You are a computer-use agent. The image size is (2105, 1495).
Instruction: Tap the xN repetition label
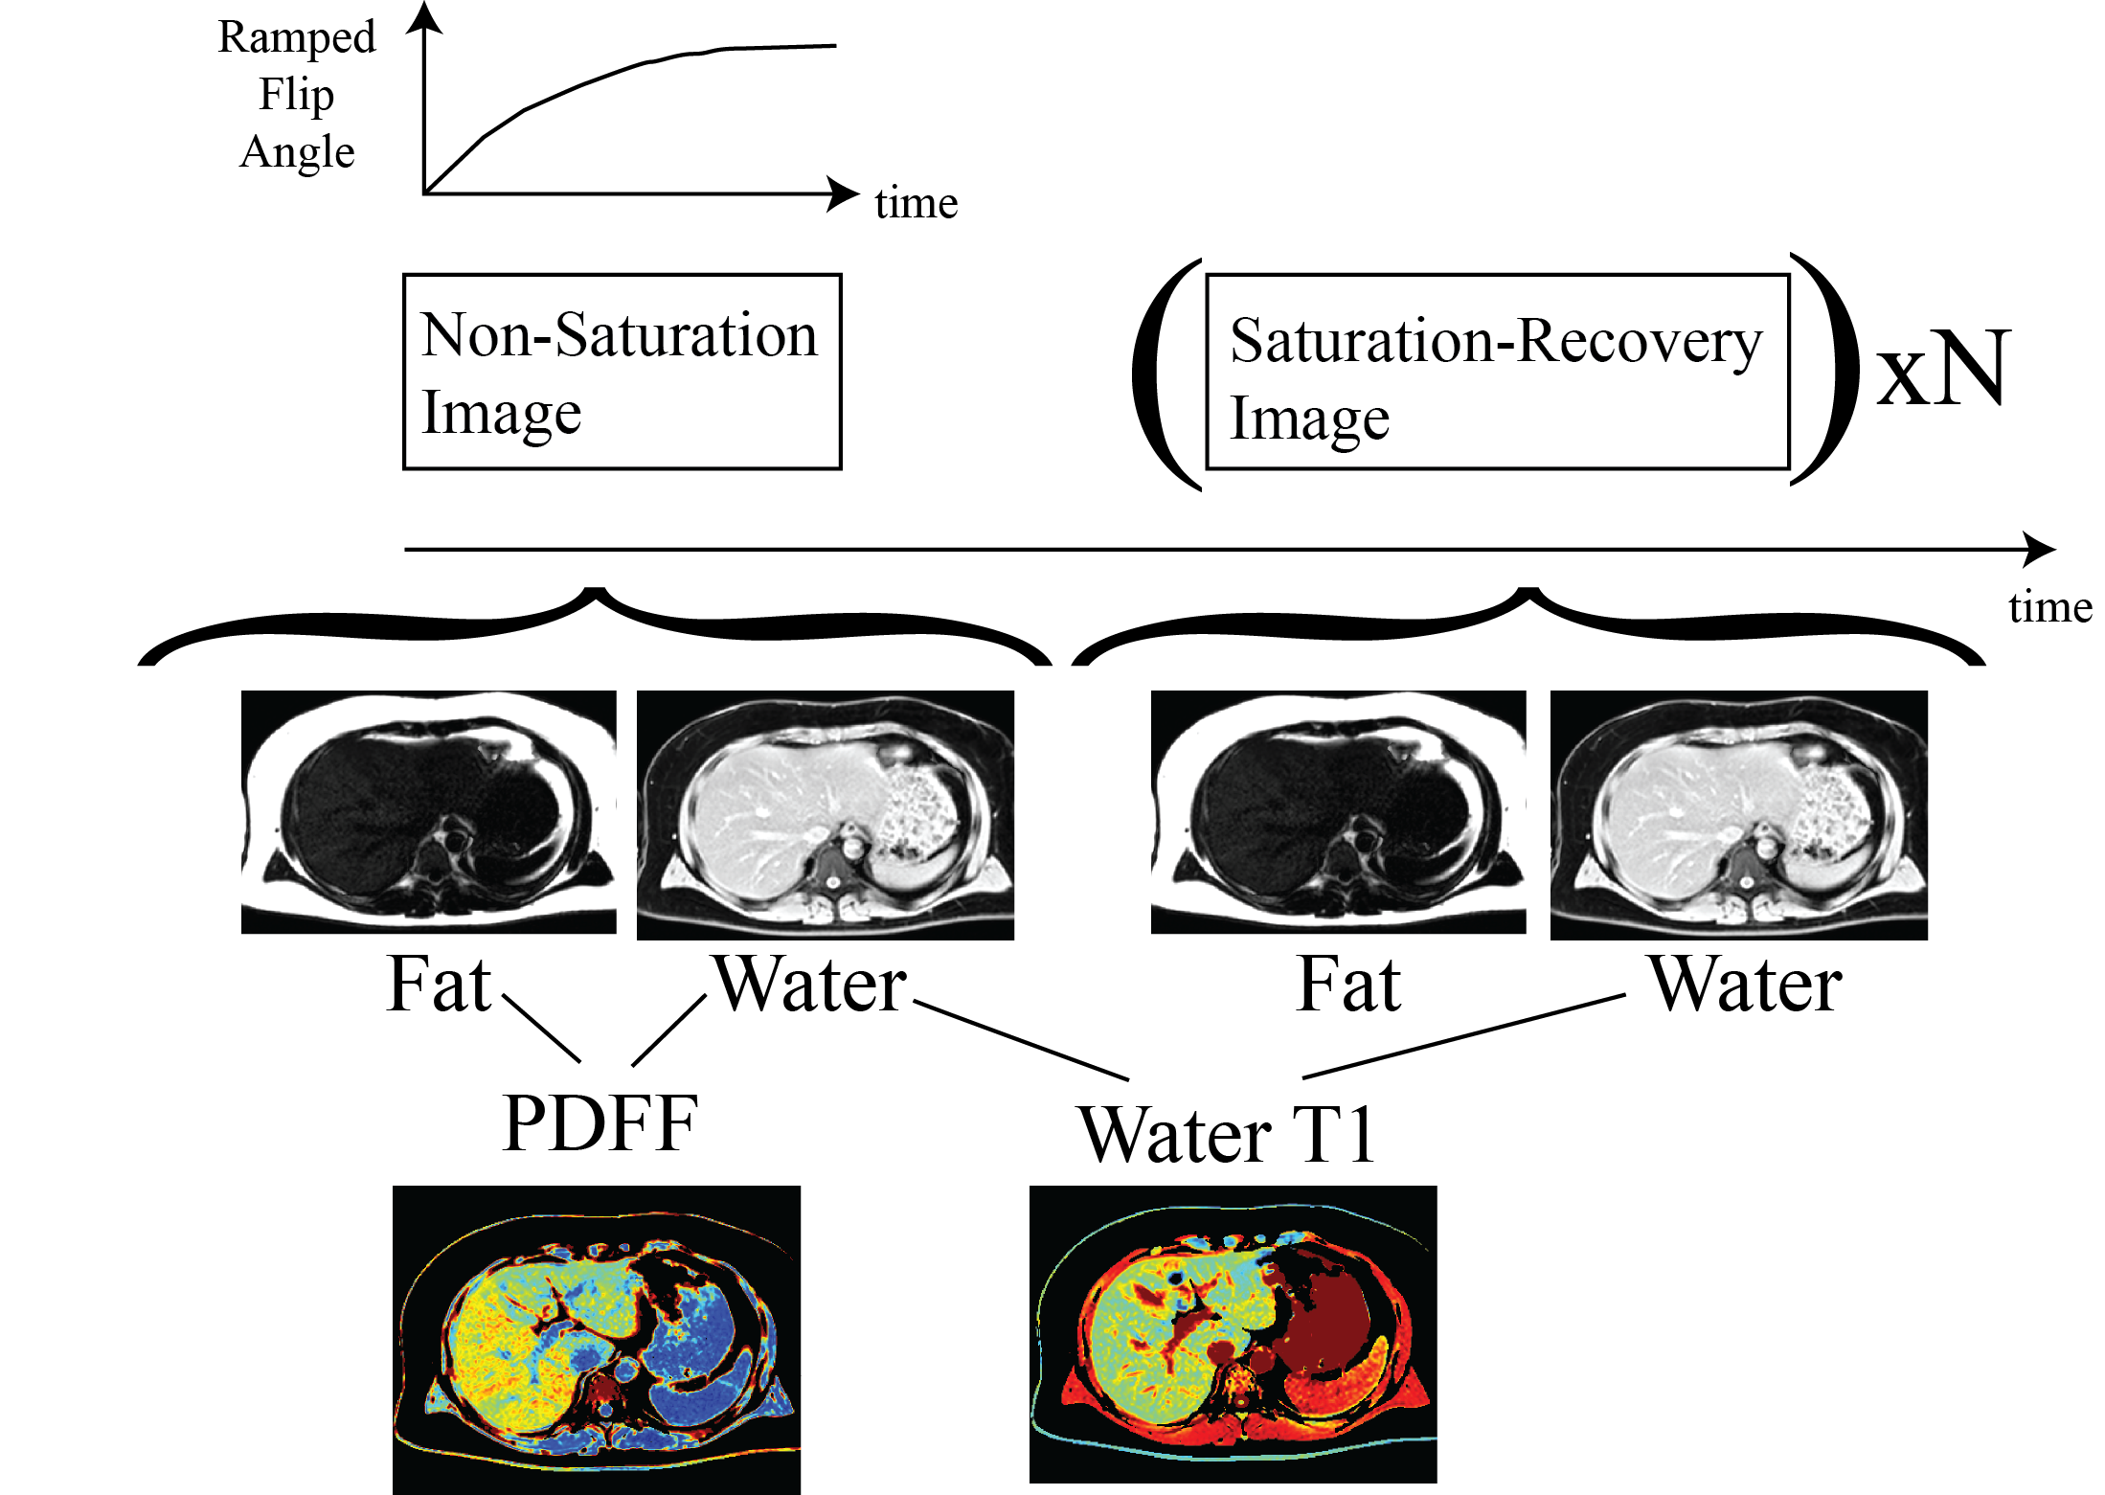click(1942, 369)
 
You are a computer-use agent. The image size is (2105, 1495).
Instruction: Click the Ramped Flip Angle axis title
click(297, 94)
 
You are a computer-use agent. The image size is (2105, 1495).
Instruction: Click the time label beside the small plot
click(916, 203)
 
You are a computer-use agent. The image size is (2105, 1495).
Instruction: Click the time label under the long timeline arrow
click(2050, 607)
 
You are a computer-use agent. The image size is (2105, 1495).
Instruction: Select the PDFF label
click(600, 1122)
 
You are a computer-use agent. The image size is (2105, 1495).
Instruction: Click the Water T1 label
click(1227, 1135)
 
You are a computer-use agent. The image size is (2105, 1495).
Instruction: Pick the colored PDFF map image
click(597, 1340)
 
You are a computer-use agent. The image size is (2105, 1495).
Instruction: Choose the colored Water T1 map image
click(1234, 1334)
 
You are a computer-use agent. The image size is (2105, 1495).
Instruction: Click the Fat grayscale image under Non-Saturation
click(429, 812)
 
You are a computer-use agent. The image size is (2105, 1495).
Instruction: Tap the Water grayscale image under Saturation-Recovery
click(1739, 815)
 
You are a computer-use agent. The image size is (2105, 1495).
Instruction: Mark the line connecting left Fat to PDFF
click(541, 1029)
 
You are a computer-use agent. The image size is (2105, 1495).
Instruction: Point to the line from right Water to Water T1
click(1464, 1036)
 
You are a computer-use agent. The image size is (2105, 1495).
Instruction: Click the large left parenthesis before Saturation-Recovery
click(1166, 374)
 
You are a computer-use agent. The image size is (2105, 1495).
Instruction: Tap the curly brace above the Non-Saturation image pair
click(595, 626)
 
